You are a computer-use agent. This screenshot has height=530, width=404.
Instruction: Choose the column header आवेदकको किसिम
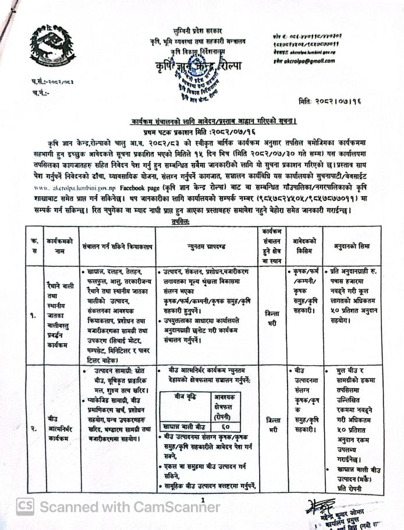pyautogui.click(x=303, y=246)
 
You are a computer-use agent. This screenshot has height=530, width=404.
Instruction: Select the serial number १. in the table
pyautogui.click(x=33, y=317)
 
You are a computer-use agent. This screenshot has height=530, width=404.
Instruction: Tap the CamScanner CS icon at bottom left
pyautogui.click(x=25, y=507)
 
